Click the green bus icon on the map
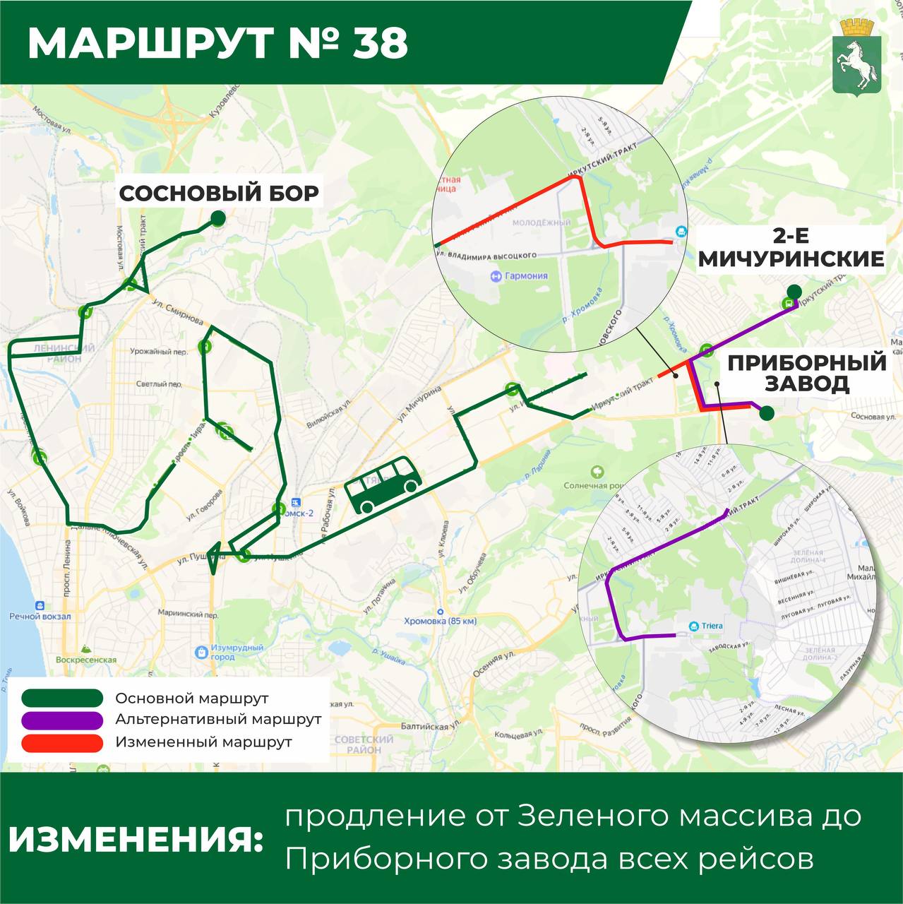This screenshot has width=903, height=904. click(383, 485)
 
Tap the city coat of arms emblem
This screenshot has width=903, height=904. click(855, 56)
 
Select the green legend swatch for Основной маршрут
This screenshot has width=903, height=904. click(63, 698)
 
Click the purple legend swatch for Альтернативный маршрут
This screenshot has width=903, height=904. click(63, 720)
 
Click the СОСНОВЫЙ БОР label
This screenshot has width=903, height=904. click(219, 194)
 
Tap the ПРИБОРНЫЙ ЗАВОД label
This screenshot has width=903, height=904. click(807, 373)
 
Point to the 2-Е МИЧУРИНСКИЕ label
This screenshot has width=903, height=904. click(791, 248)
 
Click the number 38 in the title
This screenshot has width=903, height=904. click(381, 43)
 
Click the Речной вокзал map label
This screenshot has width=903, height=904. click(40, 617)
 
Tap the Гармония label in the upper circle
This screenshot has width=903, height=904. click(526, 276)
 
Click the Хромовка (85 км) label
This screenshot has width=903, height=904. click(440, 621)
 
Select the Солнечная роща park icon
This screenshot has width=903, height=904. click(598, 471)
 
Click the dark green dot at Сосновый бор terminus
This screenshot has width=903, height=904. click(219, 219)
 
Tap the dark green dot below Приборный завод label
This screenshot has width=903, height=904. click(767, 414)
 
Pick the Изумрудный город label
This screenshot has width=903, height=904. click(237, 652)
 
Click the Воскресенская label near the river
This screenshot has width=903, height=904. click(86, 660)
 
